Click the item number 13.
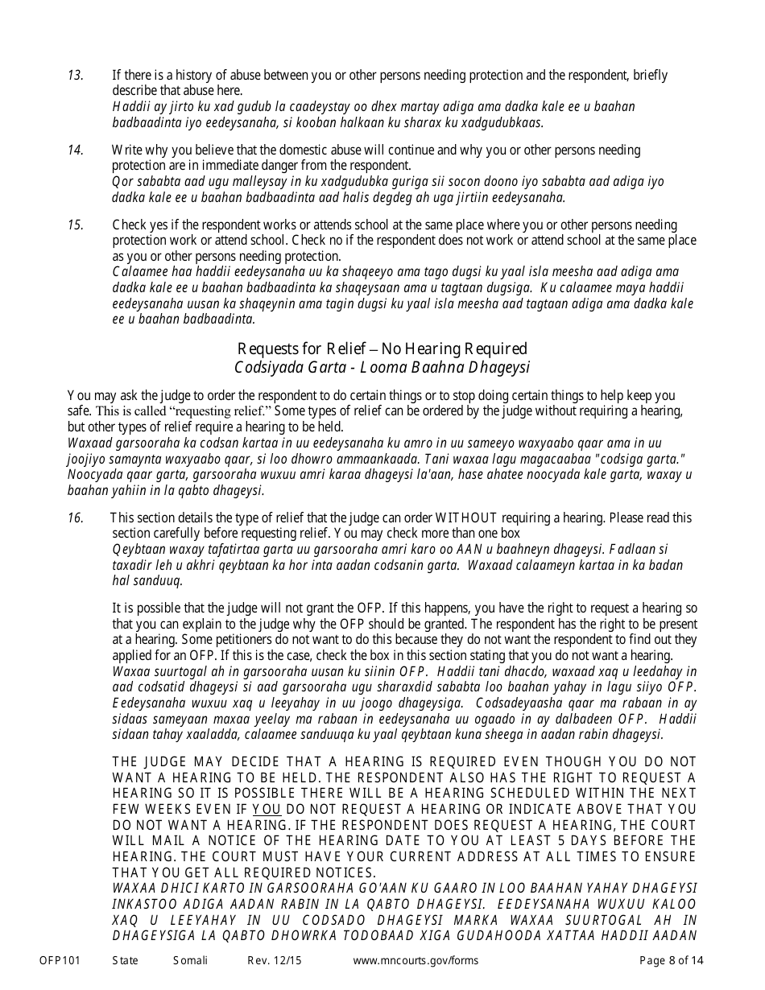(75, 76)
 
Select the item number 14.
(75, 151)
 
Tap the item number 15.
(75, 225)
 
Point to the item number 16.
(75, 518)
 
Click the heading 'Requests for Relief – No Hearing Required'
(382, 349)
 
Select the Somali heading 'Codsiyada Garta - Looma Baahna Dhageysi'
(382, 367)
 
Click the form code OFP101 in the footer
(56, 960)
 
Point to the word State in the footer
(125, 960)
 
